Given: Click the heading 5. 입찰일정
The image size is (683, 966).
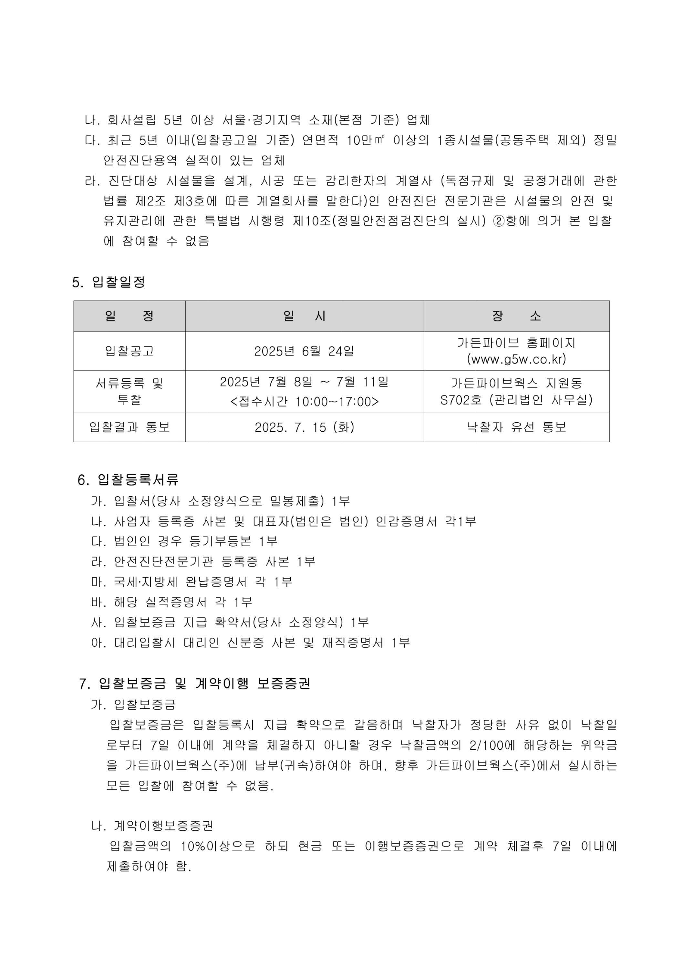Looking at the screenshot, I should point(109,282).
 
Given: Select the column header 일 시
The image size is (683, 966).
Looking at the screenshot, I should point(304,316).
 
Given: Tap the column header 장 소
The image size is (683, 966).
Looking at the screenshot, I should point(516,316).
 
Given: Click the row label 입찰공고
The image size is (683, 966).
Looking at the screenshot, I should point(129,351).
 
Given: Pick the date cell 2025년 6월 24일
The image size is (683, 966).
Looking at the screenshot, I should point(304,351).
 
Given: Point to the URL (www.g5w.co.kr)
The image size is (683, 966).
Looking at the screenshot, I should point(516,359).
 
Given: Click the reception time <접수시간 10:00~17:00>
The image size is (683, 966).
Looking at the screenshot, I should point(305,401).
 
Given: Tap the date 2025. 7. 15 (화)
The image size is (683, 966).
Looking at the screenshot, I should point(305,427).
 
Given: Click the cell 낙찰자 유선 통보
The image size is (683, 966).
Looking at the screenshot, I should point(516,427).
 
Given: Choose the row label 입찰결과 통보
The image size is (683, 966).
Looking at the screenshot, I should point(129,427).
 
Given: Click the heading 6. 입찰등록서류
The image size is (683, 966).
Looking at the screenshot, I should point(128,480).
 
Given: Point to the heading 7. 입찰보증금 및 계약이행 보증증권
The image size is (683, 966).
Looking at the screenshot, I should point(194,684).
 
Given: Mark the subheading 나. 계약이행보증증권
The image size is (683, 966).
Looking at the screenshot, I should point(152,826).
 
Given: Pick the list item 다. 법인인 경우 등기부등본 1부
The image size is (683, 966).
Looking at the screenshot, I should point(184,541).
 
